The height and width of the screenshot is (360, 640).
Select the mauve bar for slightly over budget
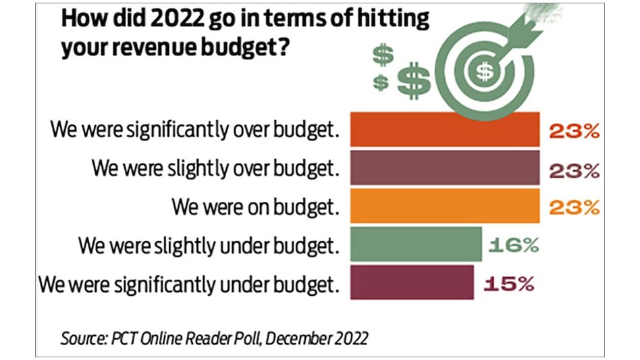pyautogui.click(x=444, y=168)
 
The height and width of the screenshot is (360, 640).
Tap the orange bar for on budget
pyautogui.click(x=444, y=206)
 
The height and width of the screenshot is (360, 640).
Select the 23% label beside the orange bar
pyautogui.click(x=575, y=207)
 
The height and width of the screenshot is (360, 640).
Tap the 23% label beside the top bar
pyautogui.click(x=575, y=130)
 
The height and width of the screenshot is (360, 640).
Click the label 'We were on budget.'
pyautogui.click(x=255, y=207)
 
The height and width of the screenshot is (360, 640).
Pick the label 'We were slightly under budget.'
pyautogui.click(x=208, y=245)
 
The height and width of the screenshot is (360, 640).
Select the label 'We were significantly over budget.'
pyautogui.click(x=194, y=130)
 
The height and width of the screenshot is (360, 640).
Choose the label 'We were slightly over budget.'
pyautogui.click(x=215, y=168)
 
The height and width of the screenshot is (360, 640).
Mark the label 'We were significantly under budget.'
pyautogui.click(x=188, y=283)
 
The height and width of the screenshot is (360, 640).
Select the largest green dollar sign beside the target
pyautogui.click(x=412, y=82)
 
